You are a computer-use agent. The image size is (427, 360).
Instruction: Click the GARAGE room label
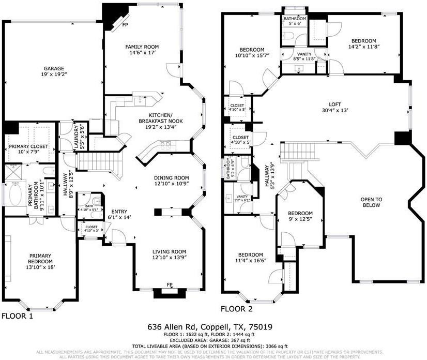pos(54,68)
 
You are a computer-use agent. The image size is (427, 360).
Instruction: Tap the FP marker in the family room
pos(125,24)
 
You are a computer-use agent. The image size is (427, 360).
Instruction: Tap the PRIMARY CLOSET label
pos(29,147)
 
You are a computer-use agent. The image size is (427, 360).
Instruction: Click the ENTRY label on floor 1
pos(119,212)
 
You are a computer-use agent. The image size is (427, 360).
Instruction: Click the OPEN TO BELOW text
pos(371,202)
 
